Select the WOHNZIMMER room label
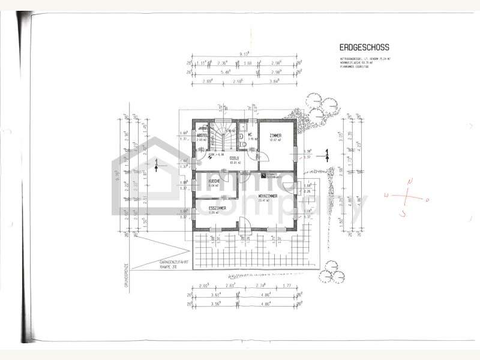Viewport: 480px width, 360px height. pyautogui.click(x=270, y=196)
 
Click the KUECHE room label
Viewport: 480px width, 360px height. pyautogui.click(x=213, y=181)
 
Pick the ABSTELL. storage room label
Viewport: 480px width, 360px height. pyautogui.click(x=203, y=136)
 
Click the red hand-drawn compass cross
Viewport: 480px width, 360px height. pyautogui.click(x=407, y=196)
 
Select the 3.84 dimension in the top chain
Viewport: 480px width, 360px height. pyautogui.click(x=275, y=80)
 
